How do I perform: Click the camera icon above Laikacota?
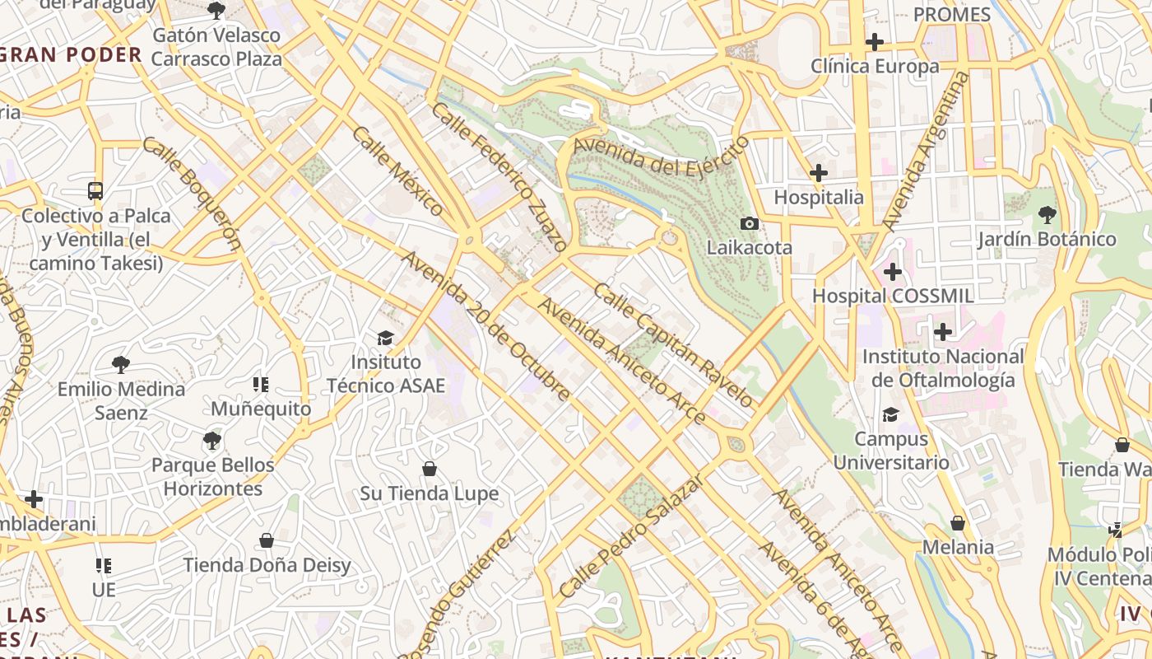tap(749, 223)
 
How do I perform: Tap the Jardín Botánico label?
tap(1046, 240)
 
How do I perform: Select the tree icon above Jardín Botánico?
tap(1047, 215)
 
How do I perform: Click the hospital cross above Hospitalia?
tap(818, 173)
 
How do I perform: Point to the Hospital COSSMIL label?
tap(893, 296)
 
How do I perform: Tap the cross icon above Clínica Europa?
tap(875, 41)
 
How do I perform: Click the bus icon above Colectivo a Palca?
tap(95, 191)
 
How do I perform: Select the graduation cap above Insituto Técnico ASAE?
tap(385, 338)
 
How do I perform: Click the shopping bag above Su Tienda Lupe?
tap(429, 469)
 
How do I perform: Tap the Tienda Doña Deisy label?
tap(267, 565)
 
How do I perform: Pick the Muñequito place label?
tap(261, 409)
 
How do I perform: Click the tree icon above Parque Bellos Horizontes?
tap(212, 441)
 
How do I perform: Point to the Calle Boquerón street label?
tap(193, 194)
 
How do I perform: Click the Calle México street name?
tap(397, 171)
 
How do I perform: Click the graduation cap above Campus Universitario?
tap(890, 414)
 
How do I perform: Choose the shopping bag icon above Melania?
tap(957, 523)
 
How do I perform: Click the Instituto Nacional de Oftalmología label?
tap(942, 368)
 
